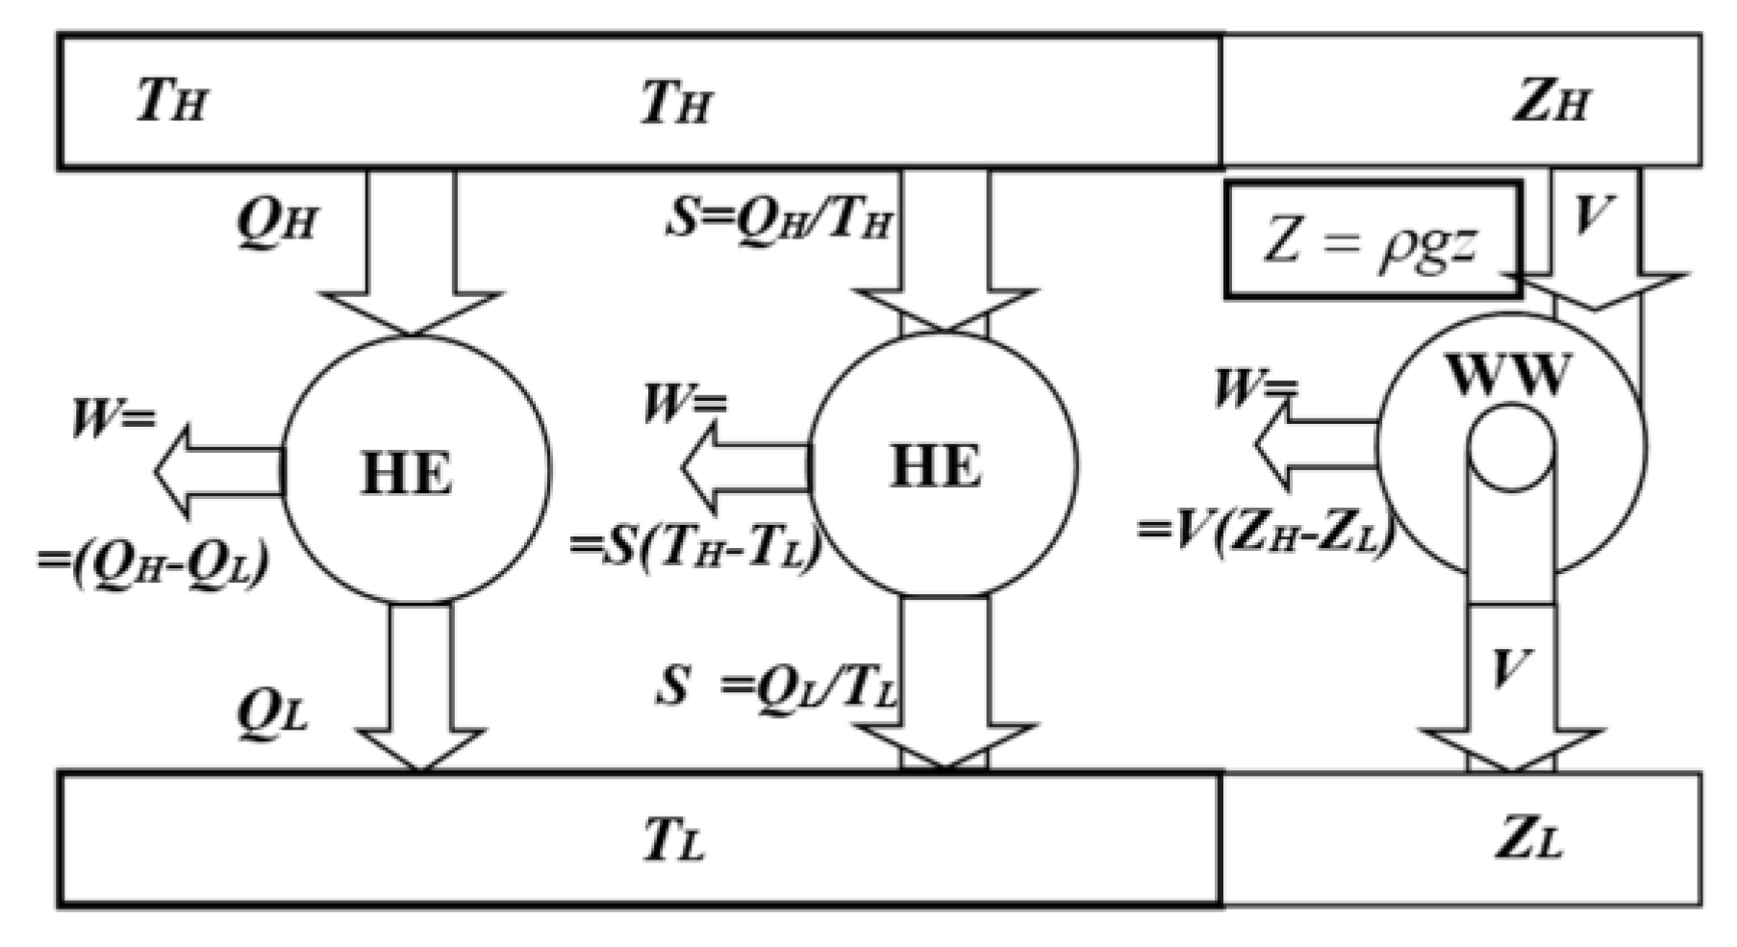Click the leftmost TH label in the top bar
171,100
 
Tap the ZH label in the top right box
1550,102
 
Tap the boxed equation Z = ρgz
1372,240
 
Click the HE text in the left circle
406,474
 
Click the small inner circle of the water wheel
1511,448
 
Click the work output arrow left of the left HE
216,471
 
